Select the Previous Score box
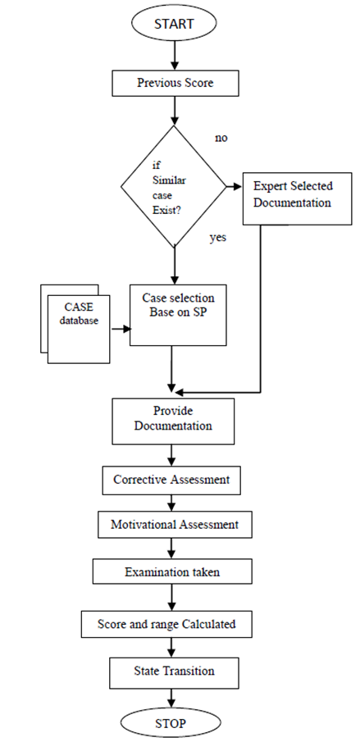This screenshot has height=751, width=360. pyautogui.click(x=175, y=83)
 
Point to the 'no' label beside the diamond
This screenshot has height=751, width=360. pyautogui.click(x=221, y=138)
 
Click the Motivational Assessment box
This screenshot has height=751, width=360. pyautogui.click(x=173, y=523)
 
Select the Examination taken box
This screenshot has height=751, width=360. pyautogui.click(x=173, y=572)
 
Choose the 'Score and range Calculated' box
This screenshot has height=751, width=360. pyautogui.click(x=172, y=624)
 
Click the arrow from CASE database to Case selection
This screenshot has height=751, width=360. pyautogui.click(x=121, y=330)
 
